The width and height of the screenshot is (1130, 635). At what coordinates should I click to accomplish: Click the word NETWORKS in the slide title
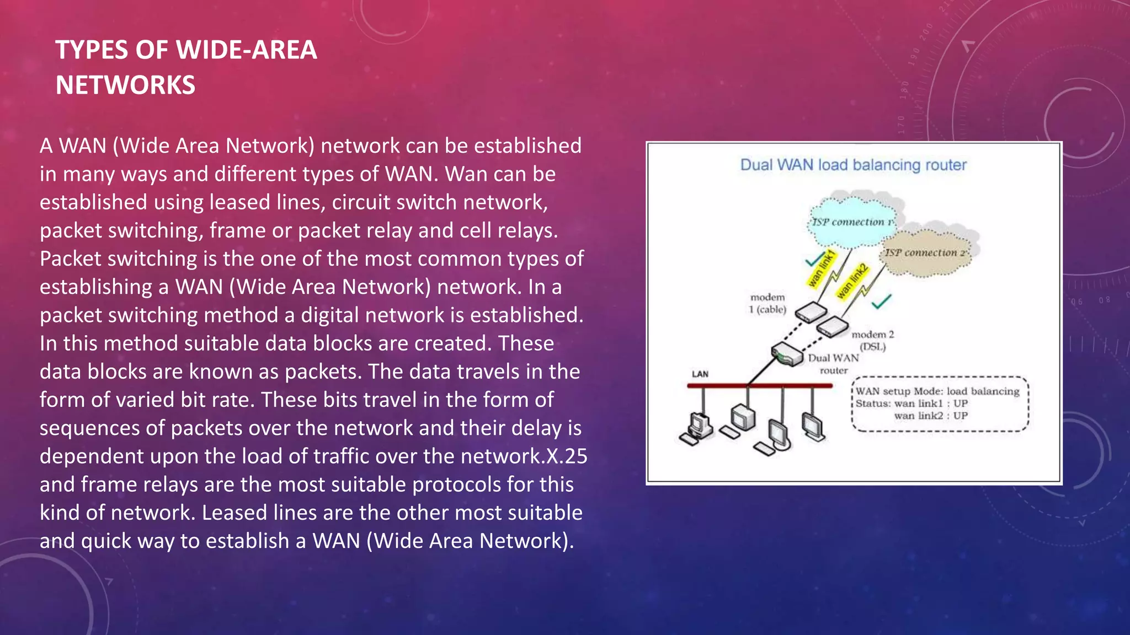coord(125,85)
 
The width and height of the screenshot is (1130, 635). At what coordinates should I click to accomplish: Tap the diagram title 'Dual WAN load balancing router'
coord(853,165)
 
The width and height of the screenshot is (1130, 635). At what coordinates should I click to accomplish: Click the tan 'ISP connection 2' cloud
coord(927,254)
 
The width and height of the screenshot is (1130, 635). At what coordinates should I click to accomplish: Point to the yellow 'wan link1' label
coord(822,268)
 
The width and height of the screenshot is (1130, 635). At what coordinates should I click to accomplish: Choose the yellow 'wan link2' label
coord(852,281)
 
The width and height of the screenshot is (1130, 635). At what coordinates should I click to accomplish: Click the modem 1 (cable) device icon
coord(811,313)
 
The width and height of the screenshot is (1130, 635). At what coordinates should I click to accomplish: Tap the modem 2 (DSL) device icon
coord(832,327)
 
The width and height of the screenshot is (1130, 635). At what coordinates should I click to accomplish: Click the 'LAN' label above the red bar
coord(700,374)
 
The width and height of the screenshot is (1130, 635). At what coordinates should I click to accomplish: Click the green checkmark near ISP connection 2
coord(881,302)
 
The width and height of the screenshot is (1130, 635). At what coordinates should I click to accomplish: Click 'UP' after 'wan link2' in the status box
coord(960,416)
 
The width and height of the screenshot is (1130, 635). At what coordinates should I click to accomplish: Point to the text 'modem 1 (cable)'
coord(767,304)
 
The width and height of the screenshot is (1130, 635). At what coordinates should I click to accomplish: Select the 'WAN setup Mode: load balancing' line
coord(937,391)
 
